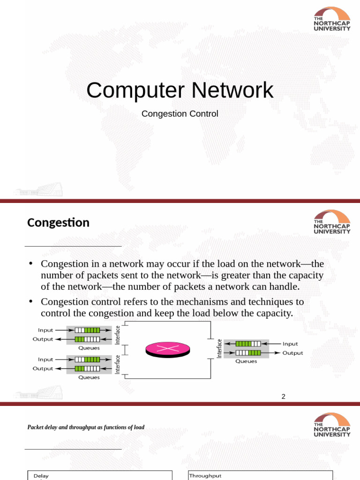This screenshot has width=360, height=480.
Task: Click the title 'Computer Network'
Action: pos(180,90)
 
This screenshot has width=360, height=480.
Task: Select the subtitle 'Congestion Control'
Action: pos(180,114)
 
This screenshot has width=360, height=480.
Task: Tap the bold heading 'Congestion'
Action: pos(58,223)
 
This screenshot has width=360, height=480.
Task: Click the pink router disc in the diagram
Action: pos(167,349)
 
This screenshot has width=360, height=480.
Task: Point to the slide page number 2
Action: pos(283,397)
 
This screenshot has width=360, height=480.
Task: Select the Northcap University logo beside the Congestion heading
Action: pos(331,222)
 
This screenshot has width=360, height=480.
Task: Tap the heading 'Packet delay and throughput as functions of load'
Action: pos(86,427)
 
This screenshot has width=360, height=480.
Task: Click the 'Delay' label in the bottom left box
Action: pos(41,476)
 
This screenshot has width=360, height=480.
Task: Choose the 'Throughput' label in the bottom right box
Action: pos(205,475)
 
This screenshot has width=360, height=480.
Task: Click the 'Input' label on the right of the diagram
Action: pos(290,344)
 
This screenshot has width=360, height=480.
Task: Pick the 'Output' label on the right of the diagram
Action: pos(292,353)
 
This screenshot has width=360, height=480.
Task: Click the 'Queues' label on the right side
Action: pos(246,361)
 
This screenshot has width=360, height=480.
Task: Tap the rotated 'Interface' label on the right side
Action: pos(219,349)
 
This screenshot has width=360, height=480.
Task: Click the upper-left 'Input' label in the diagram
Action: pos(45,330)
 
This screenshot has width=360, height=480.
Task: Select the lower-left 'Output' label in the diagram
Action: pos(43,368)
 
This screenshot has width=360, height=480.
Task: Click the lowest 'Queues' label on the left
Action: pos(89,377)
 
